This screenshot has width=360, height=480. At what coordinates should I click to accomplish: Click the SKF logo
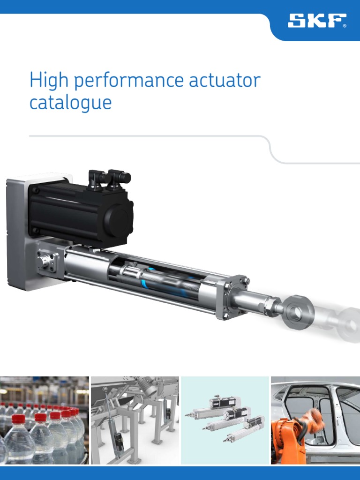317,21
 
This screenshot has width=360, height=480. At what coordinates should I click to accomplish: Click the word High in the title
48,81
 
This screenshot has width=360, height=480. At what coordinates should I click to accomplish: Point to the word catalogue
70,102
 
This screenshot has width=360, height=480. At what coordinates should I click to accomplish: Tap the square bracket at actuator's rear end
48,261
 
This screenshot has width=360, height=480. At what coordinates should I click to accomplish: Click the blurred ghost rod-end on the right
345,323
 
